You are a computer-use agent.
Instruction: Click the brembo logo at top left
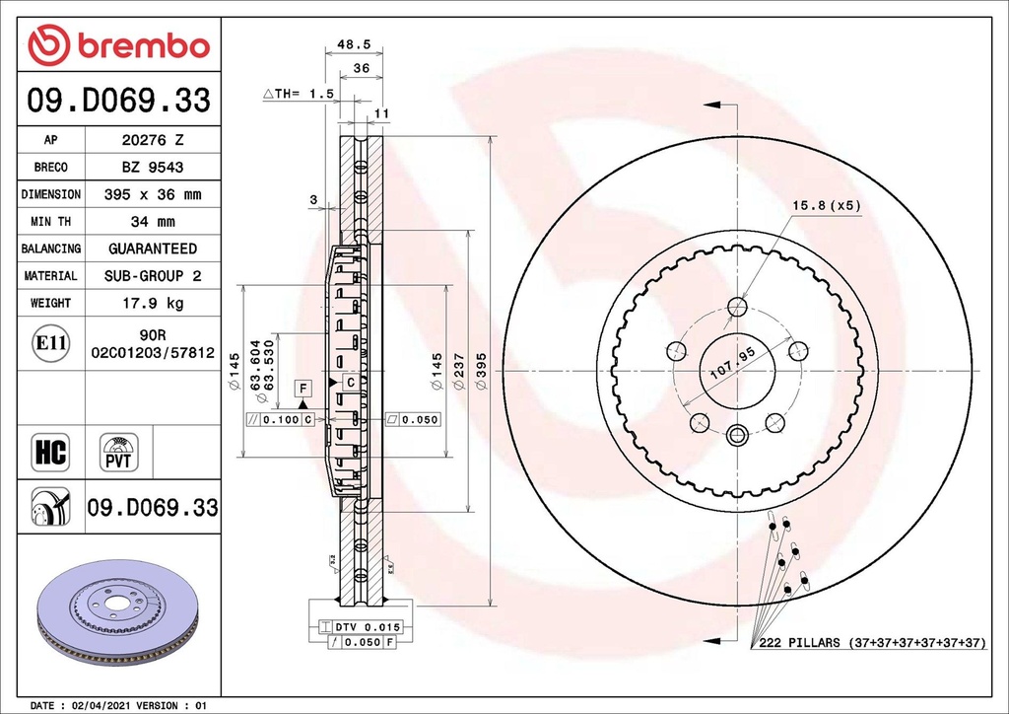click(x=118, y=45)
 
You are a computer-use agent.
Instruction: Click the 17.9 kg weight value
click(x=152, y=303)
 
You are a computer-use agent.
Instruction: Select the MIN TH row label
click(x=50, y=222)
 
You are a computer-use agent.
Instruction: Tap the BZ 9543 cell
click(x=152, y=168)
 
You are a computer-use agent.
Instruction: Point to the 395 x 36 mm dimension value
click(x=152, y=195)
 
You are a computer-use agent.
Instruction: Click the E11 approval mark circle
click(x=50, y=343)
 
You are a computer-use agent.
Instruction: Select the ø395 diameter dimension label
click(x=481, y=372)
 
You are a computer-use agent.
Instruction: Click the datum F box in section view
click(x=303, y=387)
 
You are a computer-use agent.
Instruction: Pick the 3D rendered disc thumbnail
click(x=116, y=611)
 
